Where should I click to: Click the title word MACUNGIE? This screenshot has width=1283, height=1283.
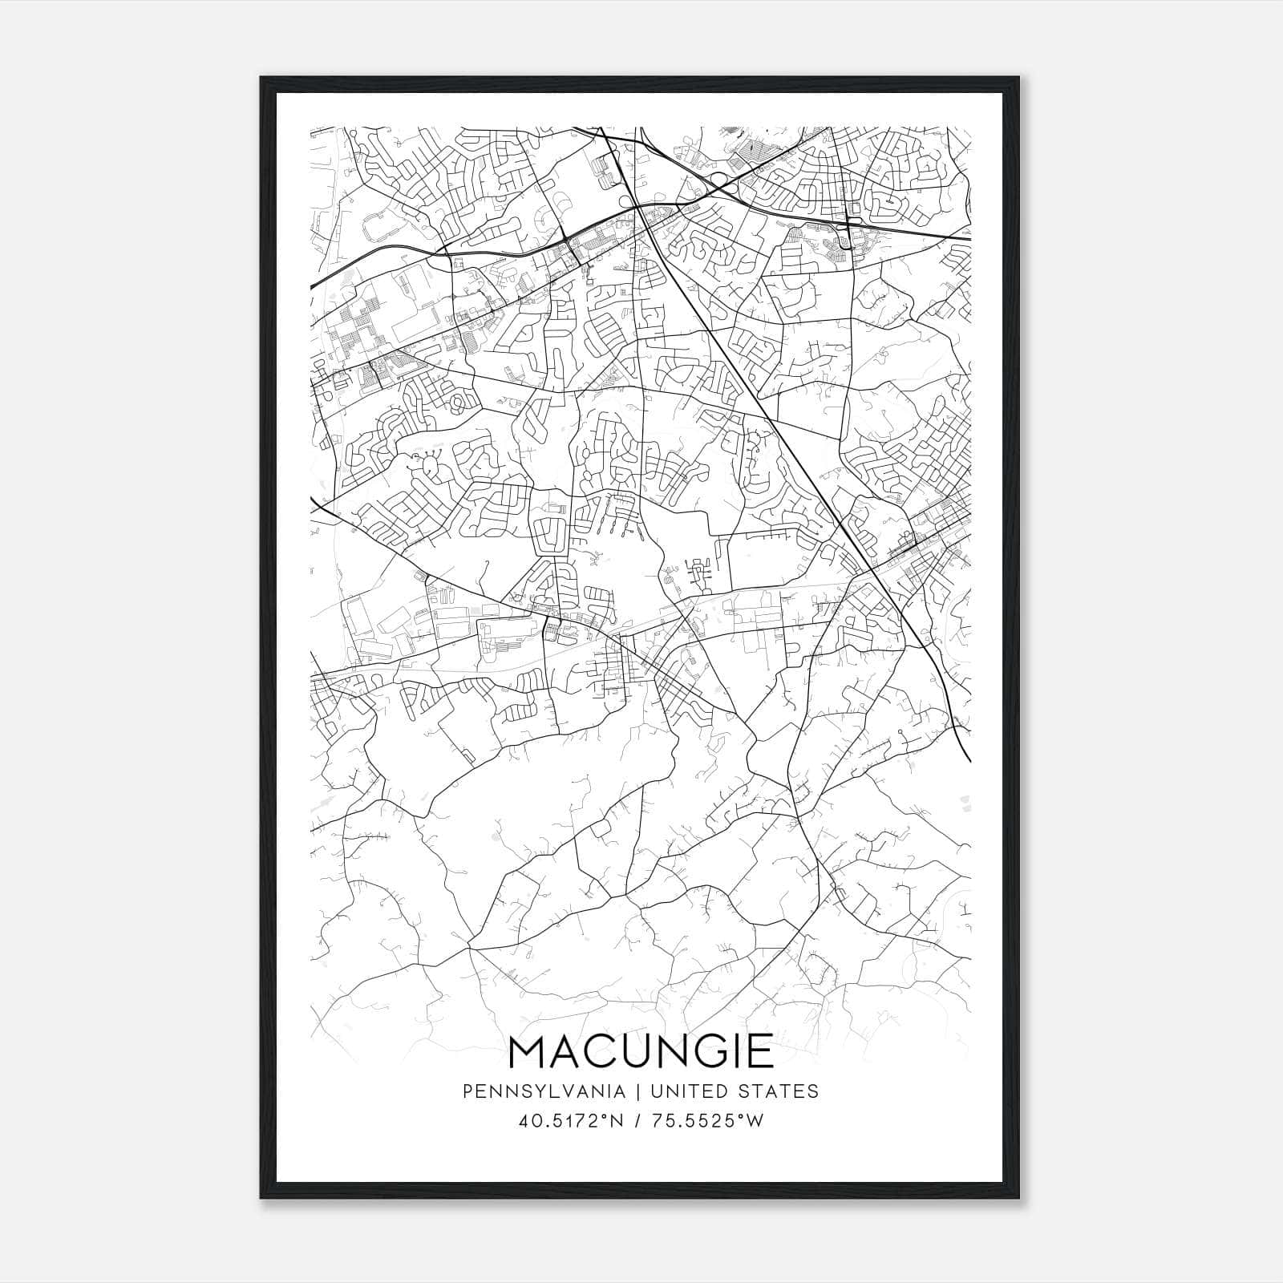[x=641, y=1051]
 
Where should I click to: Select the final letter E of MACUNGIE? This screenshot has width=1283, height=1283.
[x=759, y=1051]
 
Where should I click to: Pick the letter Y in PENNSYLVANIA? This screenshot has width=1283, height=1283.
[x=536, y=1091]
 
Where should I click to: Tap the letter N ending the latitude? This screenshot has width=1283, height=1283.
[x=617, y=1121]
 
